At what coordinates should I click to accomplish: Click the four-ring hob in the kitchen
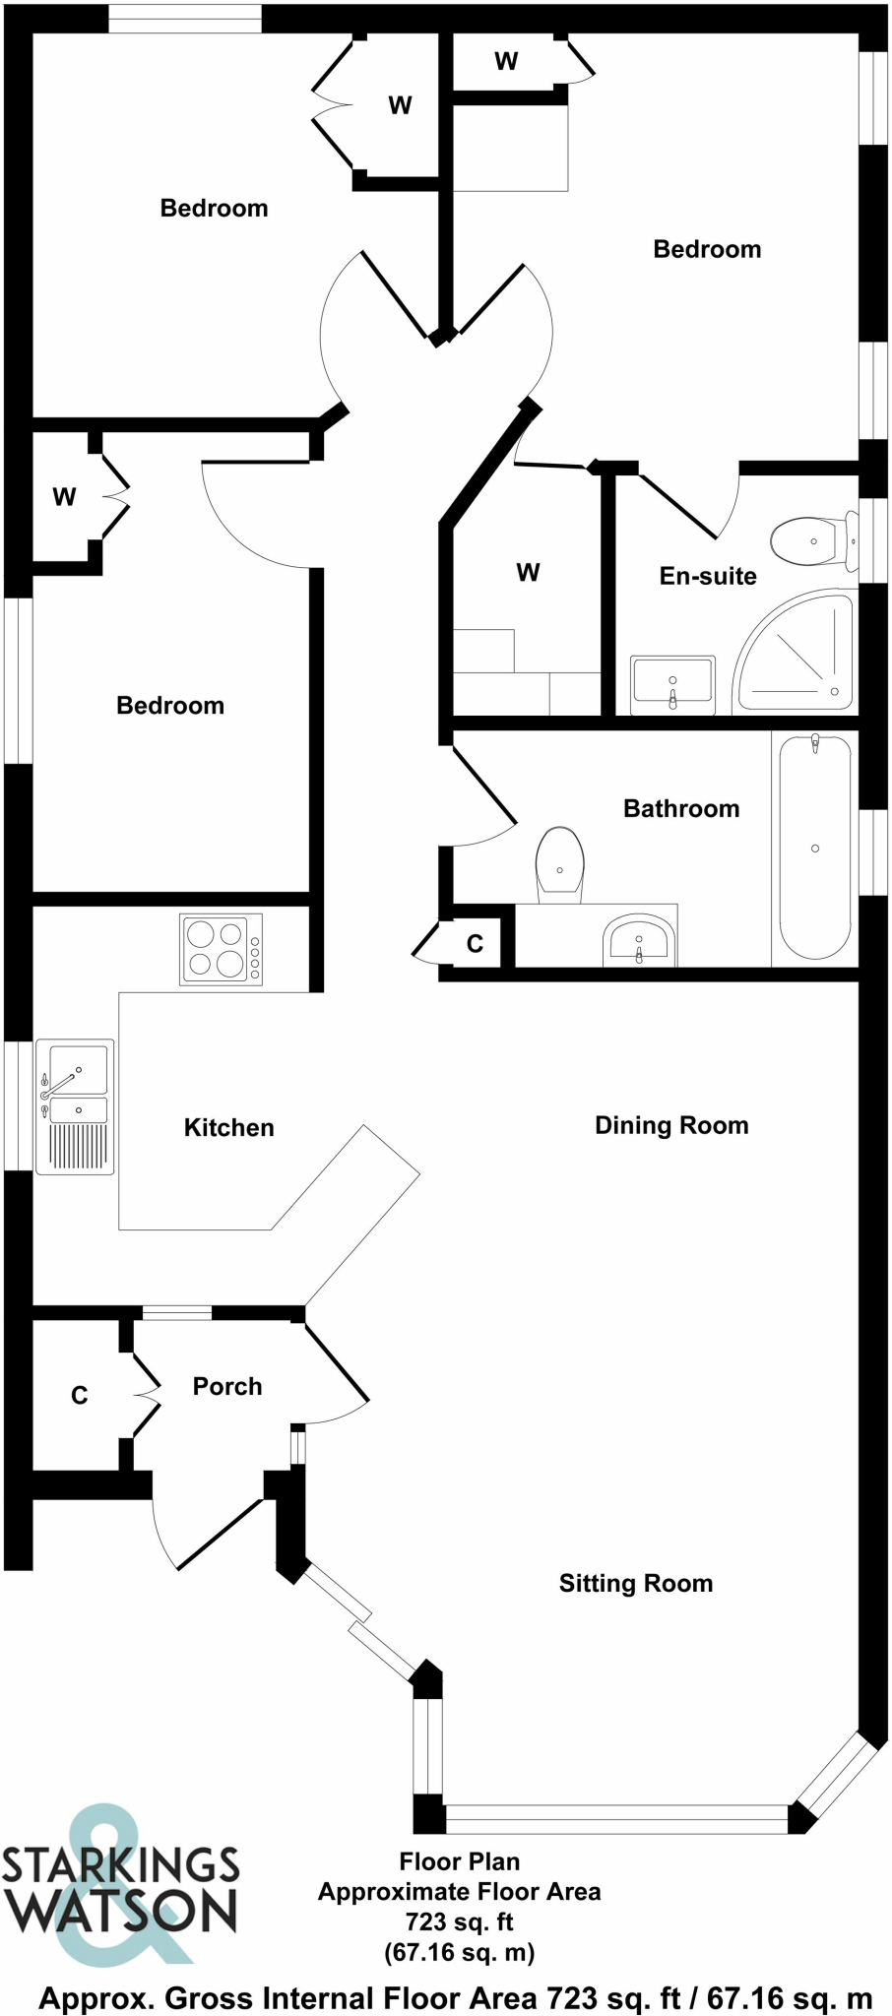(x=222, y=949)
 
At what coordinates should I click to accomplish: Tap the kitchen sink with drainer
(x=76, y=1106)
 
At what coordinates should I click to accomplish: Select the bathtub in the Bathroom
(x=815, y=848)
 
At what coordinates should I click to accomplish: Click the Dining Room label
(x=671, y=1125)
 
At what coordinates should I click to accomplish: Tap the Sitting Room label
(x=636, y=1583)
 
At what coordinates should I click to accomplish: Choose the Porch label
(x=227, y=1386)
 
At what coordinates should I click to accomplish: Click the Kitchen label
(x=228, y=1127)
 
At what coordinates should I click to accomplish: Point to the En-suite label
(x=708, y=576)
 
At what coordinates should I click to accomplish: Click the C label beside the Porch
(x=80, y=1395)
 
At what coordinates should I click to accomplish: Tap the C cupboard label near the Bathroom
(x=475, y=944)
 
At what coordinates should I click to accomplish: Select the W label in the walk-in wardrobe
(x=528, y=572)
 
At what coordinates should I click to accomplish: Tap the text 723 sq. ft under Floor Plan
(x=459, y=1921)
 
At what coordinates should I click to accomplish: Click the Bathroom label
(x=681, y=808)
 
